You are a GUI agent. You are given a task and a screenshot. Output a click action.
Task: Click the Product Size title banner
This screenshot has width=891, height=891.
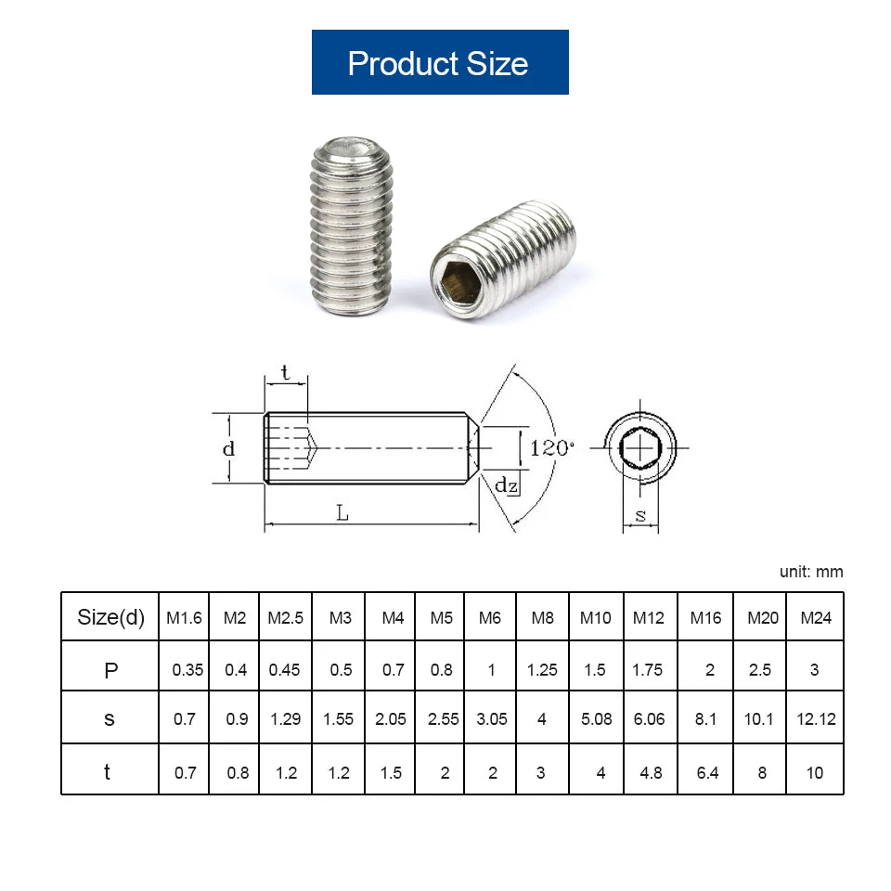pos(439,62)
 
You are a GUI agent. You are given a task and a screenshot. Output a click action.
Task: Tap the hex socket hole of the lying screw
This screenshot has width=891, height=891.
pos(457,280)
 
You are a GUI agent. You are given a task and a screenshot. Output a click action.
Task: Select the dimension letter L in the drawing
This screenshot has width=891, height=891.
pos(342,512)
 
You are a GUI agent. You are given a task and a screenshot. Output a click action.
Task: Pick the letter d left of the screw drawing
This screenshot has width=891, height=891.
pos(228,448)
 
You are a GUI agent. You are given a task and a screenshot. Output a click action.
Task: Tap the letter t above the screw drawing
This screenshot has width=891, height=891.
pos(285,373)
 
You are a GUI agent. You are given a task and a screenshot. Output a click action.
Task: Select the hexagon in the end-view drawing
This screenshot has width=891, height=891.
pos(639,449)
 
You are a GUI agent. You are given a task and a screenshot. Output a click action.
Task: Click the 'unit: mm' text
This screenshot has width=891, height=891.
pos(810,572)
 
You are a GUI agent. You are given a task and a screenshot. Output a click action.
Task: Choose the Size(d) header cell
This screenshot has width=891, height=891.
pos(110,617)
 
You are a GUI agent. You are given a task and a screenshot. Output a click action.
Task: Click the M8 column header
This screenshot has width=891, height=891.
pos(541,618)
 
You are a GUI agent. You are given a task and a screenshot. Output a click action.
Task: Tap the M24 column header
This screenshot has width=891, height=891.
pos(815,618)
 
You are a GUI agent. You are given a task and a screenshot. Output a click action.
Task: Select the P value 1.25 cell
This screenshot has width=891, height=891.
pos(542,669)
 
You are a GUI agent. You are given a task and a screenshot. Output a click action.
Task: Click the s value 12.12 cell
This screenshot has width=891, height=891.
pos(816,718)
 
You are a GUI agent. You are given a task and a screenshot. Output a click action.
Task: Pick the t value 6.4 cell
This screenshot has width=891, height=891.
pos(707,772)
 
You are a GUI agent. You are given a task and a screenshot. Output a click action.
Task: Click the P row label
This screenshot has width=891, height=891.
pos(110,669)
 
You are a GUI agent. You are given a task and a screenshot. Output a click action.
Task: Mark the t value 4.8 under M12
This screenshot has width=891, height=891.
pos(651,772)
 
